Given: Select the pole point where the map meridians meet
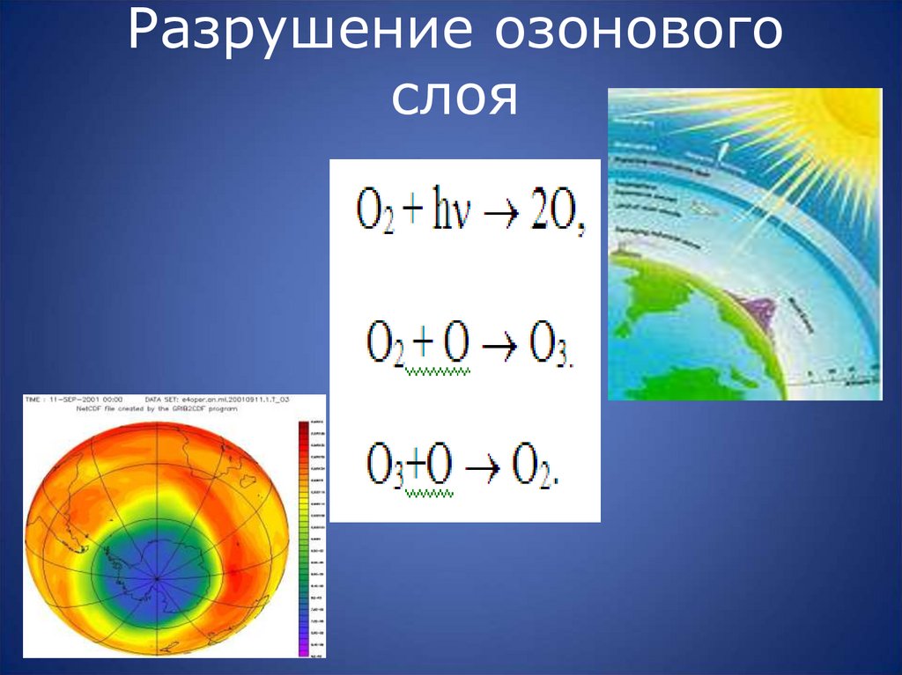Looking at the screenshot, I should tap(157, 578).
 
